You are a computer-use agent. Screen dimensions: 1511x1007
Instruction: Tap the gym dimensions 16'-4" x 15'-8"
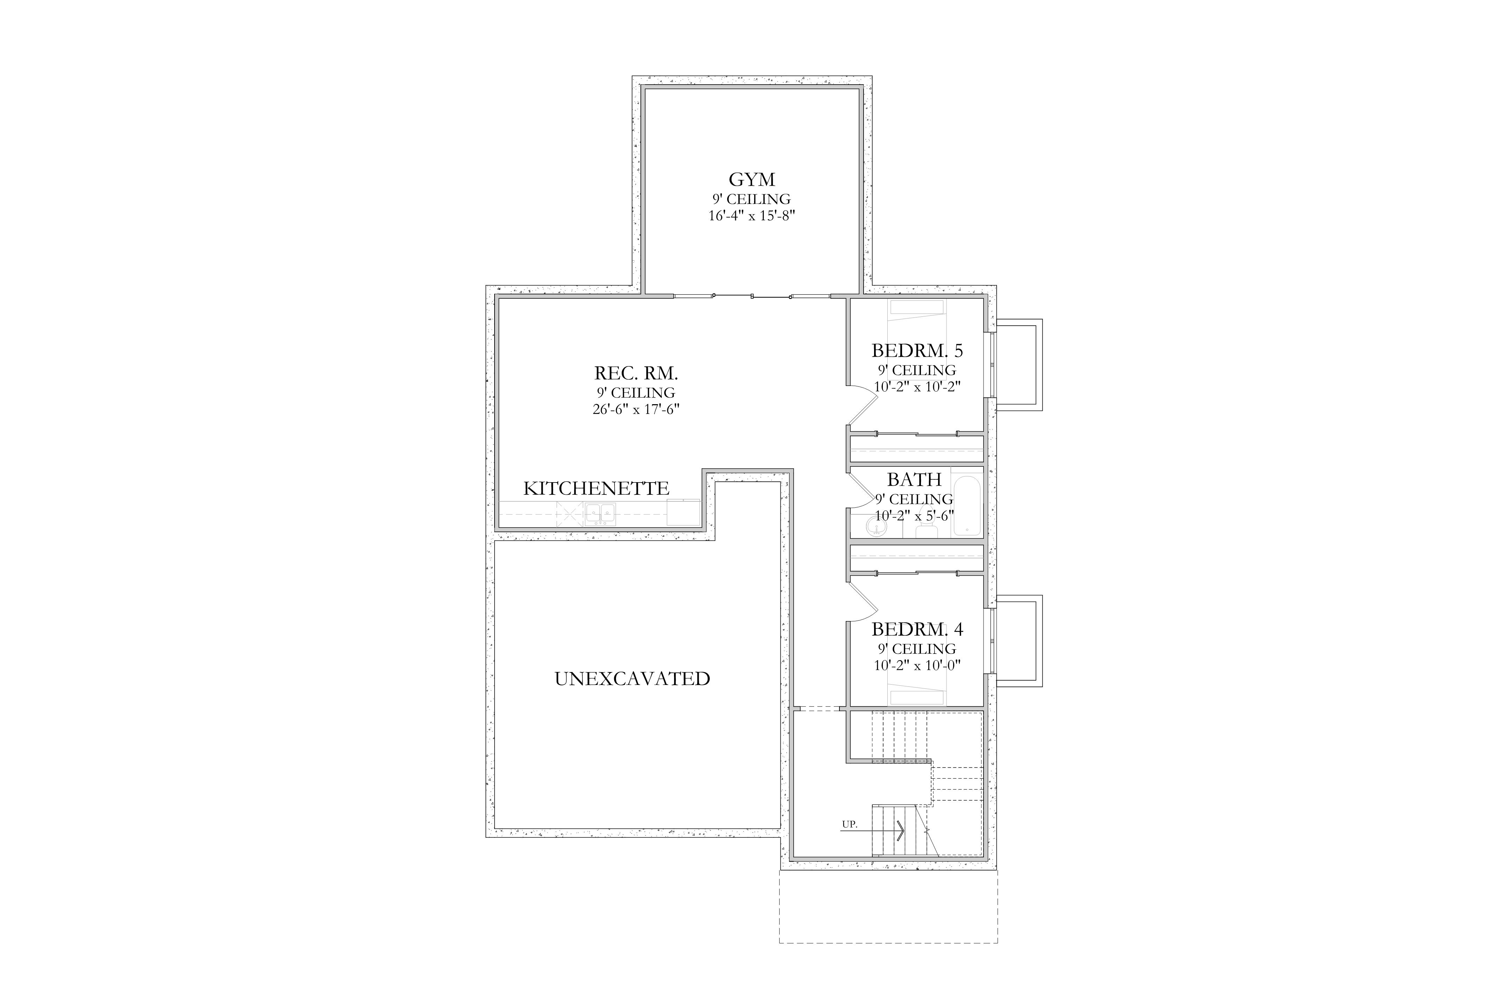[x=752, y=216]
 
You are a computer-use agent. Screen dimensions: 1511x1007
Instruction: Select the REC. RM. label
[x=636, y=373]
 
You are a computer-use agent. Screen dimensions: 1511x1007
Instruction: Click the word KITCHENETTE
[x=596, y=489]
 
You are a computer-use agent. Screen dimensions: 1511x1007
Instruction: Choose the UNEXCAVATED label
[x=632, y=679]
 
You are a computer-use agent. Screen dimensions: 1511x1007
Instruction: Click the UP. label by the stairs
[x=849, y=824]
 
